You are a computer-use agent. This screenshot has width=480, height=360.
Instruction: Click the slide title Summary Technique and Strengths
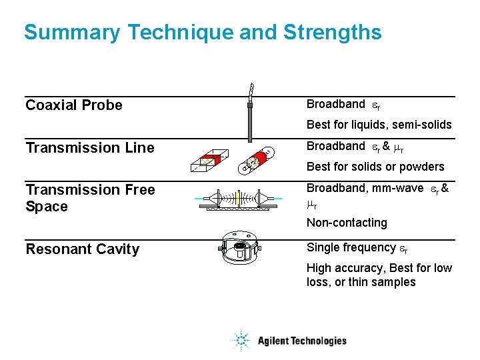tap(203, 32)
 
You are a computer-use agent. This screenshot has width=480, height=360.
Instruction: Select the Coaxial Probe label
tap(74, 105)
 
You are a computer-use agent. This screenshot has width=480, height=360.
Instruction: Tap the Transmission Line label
tap(89, 148)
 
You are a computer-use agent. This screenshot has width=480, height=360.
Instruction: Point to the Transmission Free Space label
tap(89, 198)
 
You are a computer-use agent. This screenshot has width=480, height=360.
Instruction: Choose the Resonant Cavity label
tap(82, 249)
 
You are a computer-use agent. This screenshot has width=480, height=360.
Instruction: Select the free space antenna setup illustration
tap(239, 199)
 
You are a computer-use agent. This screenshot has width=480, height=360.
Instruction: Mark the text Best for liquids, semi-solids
tap(379, 125)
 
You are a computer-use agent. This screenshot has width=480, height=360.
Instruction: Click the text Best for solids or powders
tap(375, 167)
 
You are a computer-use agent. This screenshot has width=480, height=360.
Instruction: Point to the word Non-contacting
tap(347, 223)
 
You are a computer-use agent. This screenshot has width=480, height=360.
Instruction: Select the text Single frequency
tap(351, 247)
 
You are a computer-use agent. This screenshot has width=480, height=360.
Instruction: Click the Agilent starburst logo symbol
tap(240, 341)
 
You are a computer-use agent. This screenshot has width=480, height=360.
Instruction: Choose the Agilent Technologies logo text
tap(302, 341)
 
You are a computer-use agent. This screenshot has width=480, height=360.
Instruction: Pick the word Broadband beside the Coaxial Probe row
tap(335, 104)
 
